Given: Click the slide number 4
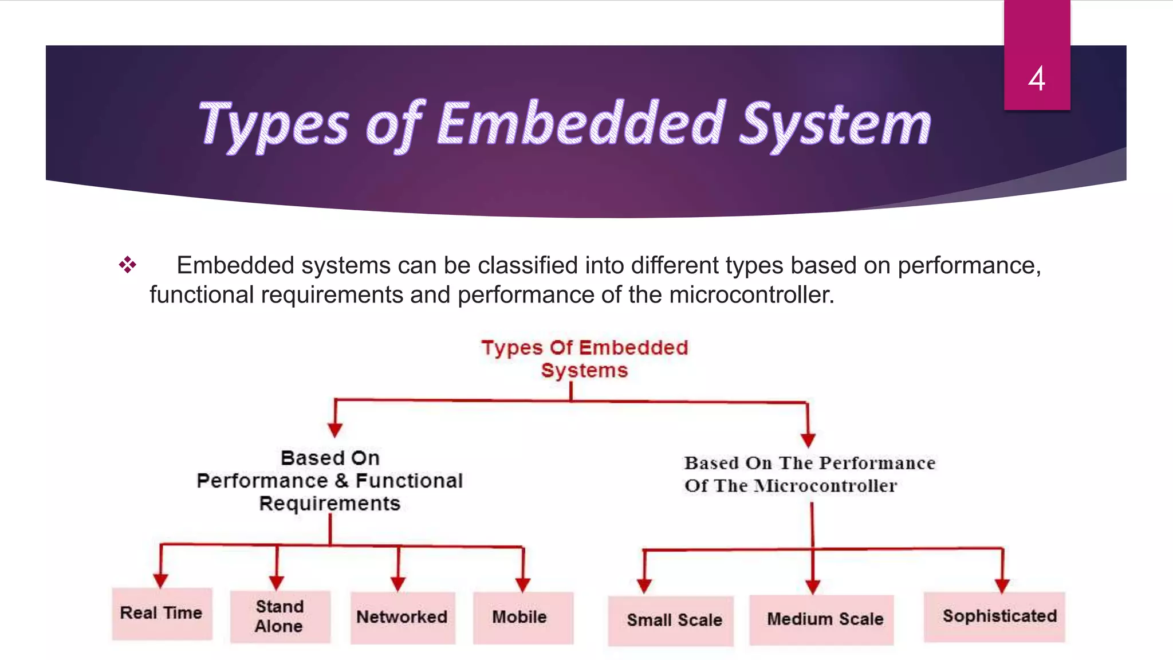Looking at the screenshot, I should coord(1036,79).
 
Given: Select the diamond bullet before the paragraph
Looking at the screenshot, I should coord(127,265).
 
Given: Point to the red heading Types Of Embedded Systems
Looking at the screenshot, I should coord(584,359).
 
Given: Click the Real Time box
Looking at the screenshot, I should coord(162,613).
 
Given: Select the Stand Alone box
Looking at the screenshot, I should coord(280,616).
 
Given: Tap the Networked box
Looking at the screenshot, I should coord(402,617).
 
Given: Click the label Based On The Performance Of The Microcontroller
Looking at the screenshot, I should coord(809,474).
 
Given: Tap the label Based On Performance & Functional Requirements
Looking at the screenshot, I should coord(330,481).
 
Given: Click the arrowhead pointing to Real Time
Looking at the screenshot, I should coord(161,580).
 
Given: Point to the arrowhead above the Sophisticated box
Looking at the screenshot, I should coord(1002,586).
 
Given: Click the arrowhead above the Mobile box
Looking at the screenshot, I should coord(522,584).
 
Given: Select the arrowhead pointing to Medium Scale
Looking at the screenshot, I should coord(813,587).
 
